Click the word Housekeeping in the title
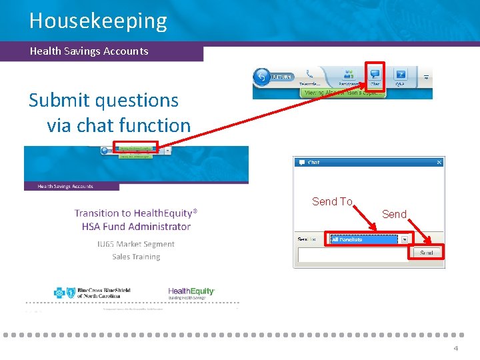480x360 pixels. tap(98, 21)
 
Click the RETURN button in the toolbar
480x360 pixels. tap(273, 77)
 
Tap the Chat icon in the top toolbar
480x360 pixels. tap(375, 75)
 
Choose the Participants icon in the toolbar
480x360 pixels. tap(348, 76)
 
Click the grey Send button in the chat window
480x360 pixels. tap(427, 253)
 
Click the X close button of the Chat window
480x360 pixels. tap(439, 162)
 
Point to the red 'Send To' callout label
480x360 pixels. tap(332, 201)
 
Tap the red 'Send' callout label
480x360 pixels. tap(394, 214)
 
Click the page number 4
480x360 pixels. tap(456, 349)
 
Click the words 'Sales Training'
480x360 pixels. tap(136, 257)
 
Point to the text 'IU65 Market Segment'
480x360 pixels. tap(136, 244)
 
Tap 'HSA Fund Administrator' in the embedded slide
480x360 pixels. tap(136, 227)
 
